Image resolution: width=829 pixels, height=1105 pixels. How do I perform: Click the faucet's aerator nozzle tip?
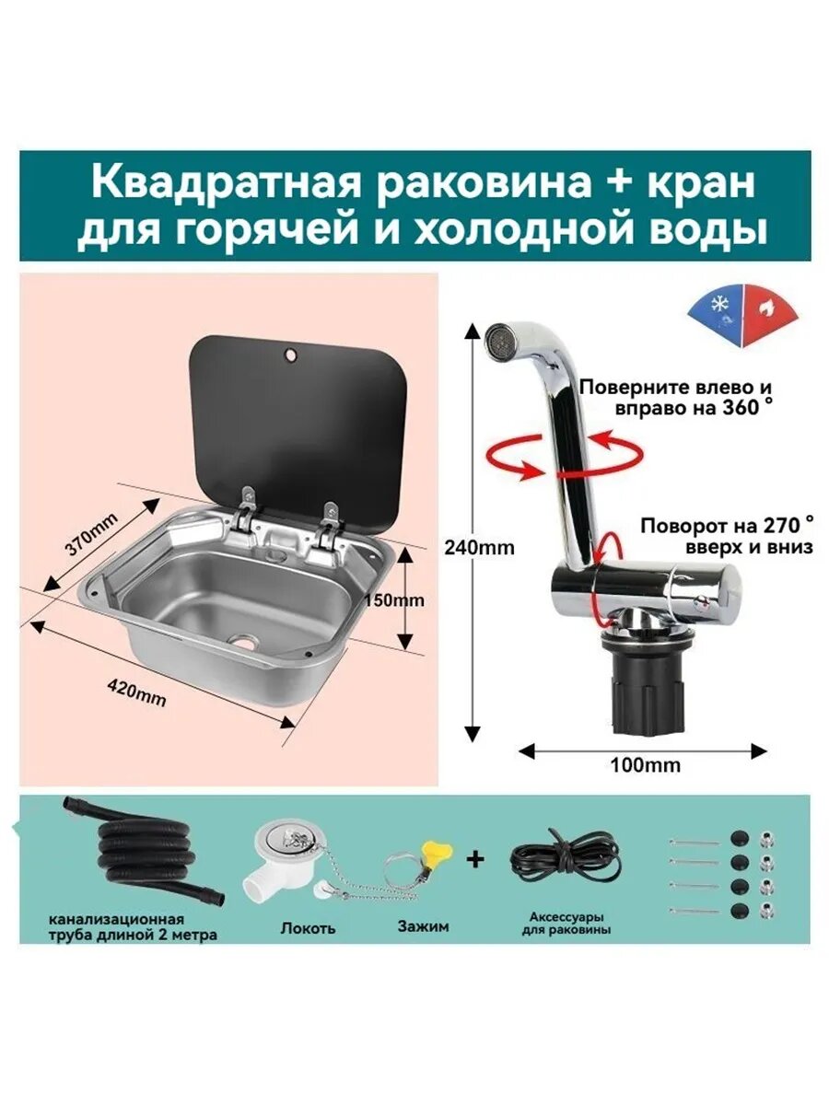tap(498, 339)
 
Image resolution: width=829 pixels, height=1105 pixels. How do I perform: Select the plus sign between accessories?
tap(475, 860)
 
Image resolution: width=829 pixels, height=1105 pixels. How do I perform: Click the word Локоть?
tap(308, 927)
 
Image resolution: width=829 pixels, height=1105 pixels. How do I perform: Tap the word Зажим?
tap(423, 926)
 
